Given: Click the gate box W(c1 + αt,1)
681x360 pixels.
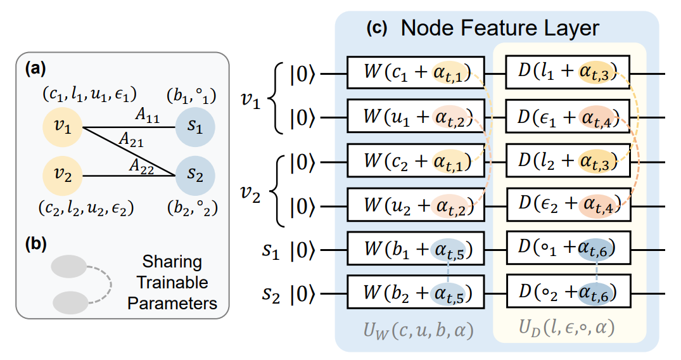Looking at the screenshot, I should [x=416, y=73].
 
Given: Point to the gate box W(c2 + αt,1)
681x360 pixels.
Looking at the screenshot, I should [x=416, y=162].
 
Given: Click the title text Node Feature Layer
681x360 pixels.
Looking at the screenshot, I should [x=500, y=28].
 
